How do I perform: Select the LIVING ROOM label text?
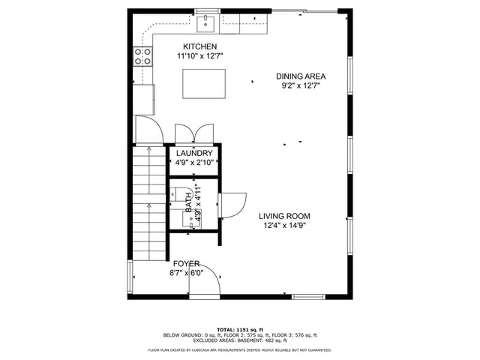(x=284, y=216)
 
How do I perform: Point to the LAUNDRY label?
(x=195, y=153)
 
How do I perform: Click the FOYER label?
(x=186, y=264)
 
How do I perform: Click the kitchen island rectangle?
(x=205, y=82)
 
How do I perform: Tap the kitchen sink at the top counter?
(x=206, y=25)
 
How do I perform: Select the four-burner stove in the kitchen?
(x=142, y=55)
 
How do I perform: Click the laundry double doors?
(x=194, y=133)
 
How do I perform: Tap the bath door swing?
(x=232, y=205)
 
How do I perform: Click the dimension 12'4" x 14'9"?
(x=284, y=225)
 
